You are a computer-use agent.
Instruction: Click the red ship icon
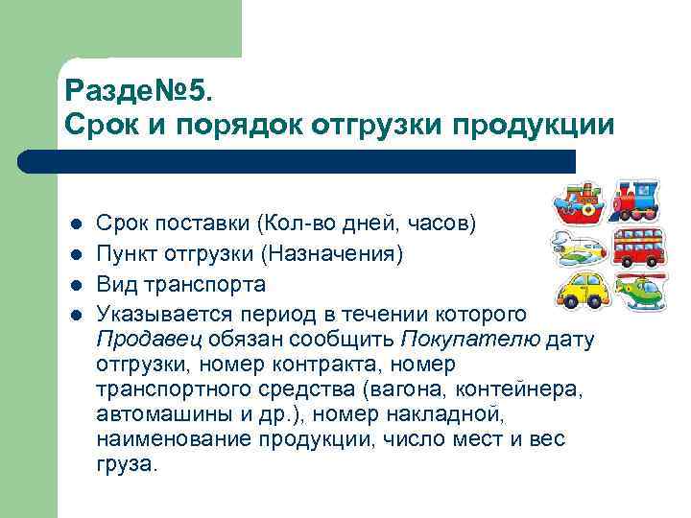pos(576,203)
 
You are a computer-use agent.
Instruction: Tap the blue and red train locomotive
pos(635,200)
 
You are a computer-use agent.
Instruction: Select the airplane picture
pos(576,247)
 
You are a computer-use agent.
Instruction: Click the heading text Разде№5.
pos(144,92)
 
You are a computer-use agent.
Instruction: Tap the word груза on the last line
pos(125,463)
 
